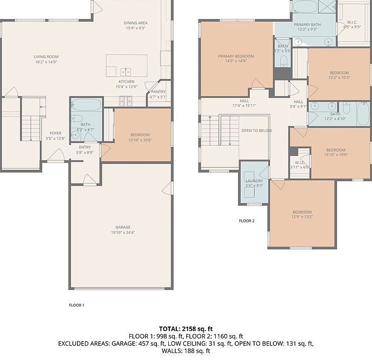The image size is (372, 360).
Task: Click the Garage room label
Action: tap(123, 227)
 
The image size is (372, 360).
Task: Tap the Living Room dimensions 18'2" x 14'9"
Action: tap(46, 62)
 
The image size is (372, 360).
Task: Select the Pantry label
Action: tap(158, 91)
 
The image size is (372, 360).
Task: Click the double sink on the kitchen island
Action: tap(125, 71)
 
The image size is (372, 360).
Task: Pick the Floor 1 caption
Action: tap(76, 305)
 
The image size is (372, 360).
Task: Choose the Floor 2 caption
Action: tap(247, 221)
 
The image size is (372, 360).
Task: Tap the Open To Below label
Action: tap(257, 130)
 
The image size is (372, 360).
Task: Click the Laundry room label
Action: tap(254, 181)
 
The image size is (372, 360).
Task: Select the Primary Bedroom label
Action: tap(236, 56)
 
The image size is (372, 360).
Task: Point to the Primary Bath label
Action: tap(307, 24)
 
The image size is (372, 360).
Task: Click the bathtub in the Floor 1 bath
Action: tap(86, 104)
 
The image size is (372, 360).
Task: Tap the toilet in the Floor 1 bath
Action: tap(77, 118)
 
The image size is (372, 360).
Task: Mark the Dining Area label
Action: tap(136, 23)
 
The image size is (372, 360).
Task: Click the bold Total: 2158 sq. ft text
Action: tap(186, 329)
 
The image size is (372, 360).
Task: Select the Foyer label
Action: tap(55, 133)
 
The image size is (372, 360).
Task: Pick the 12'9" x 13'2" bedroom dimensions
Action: tap(302, 216)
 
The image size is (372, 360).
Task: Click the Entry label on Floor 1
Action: tap(85, 147)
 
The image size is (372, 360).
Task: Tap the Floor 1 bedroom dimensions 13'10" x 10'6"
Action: tap(140, 140)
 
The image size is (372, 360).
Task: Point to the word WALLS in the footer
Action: tap(171, 350)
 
